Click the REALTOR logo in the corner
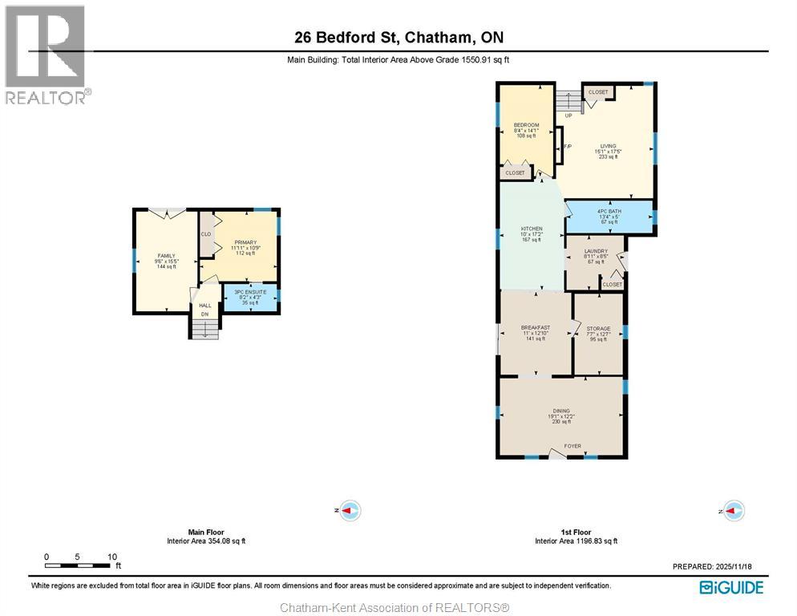(x=46, y=55)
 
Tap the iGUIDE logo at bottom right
(x=730, y=587)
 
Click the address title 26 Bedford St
(x=398, y=38)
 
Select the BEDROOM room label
(x=526, y=125)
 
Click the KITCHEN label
(x=532, y=229)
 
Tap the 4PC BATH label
(x=609, y=212)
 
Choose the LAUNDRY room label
(x=595, y=251)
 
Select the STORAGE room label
(x=598, y=329)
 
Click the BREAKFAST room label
(x=535, y=328)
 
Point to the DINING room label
(x=560, y=411)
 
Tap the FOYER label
(x=572, y=446)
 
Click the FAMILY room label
(x=166, y=256)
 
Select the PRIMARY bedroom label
(x=245, y=242)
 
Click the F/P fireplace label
(x=567, y=147)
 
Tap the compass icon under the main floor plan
(x=350, y=510)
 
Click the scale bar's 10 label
(x=112, y=557)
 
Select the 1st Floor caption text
(x=576, y=532)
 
